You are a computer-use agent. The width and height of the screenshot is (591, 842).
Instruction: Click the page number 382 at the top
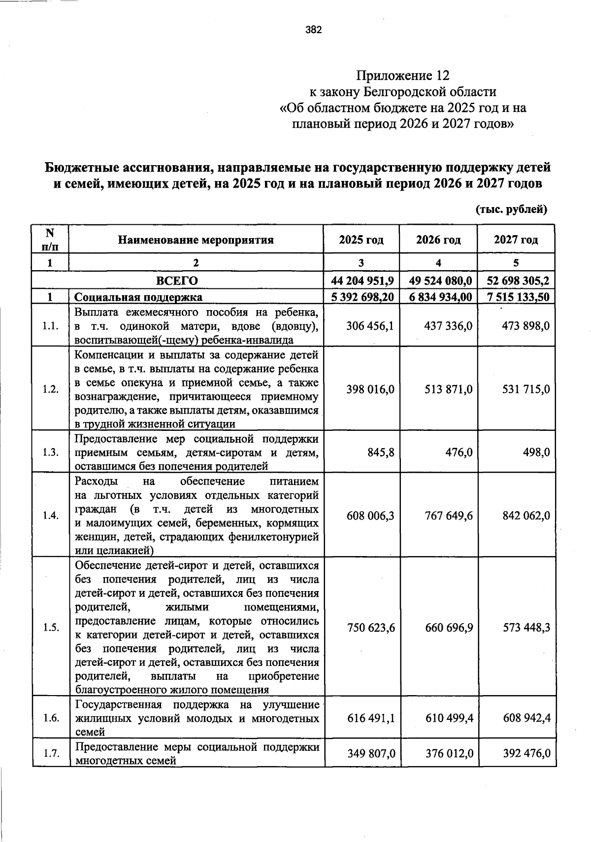pyautogui.click(x=313, y=31)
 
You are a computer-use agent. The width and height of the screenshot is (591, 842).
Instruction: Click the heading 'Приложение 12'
pyautogui.click(x=403, y=75)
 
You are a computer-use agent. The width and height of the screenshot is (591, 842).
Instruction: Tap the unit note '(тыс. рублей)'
pyautogui.click(x=511, y=210)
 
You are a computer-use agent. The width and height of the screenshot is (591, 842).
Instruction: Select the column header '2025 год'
pyautogui.click(x=361, y=240)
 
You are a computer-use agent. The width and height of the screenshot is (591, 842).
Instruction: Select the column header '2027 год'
pyautogui.click(x=516, y=240)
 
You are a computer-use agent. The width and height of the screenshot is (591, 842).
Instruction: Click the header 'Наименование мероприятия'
pyautogui.click(x=196, y=240)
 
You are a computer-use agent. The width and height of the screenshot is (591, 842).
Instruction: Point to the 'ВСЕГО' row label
pyautogui.click(x=177, y=281)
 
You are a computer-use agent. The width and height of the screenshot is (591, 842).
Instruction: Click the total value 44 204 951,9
pyautogui.click(x=362, y=281)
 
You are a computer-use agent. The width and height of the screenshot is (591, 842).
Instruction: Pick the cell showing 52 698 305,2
pyautogui.click(x=518, y=281)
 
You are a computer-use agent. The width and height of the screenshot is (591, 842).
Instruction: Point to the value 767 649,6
pyautogui.click(x=449, y=516)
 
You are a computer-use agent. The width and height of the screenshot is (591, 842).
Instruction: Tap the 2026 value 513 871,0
pyautogui.click(x=449, y=389)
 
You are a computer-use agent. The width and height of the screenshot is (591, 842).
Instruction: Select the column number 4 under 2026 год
pyautogui.click(x=438, y=263)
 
